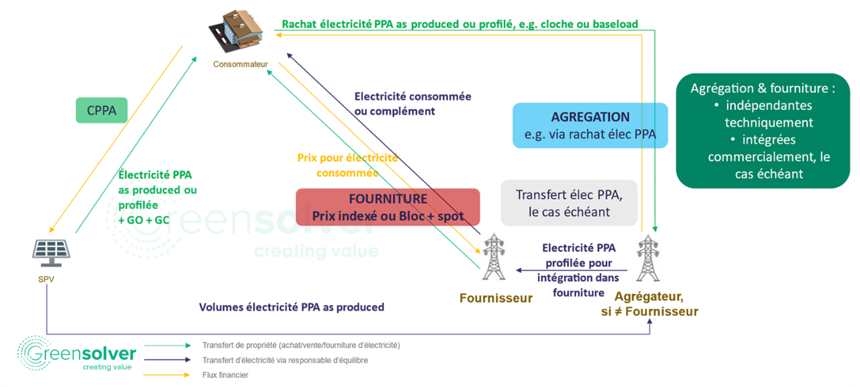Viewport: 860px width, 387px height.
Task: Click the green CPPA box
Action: click(102, 110)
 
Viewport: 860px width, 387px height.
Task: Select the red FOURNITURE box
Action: click(388, 207)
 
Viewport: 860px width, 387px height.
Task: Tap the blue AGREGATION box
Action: click(589, 125)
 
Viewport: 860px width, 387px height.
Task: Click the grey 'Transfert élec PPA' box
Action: click(568, 203)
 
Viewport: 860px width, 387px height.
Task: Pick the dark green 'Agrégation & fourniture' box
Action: click(763, 131)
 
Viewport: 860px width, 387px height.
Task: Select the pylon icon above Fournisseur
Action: click(494, 256)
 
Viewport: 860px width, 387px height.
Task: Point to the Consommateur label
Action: click(240, 64)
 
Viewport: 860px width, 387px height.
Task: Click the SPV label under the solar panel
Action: click(46, 279)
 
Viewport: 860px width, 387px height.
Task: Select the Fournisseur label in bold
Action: click(496, 298)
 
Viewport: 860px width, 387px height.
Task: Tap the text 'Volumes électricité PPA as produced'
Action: click(291, 307)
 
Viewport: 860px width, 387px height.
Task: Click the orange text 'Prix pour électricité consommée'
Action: click(347, 166)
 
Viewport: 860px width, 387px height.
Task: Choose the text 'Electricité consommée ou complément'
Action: click(413, 104)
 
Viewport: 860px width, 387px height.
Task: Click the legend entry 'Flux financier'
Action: click(225, 375)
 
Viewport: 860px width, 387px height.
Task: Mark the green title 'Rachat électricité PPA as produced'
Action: click(459, 24)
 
